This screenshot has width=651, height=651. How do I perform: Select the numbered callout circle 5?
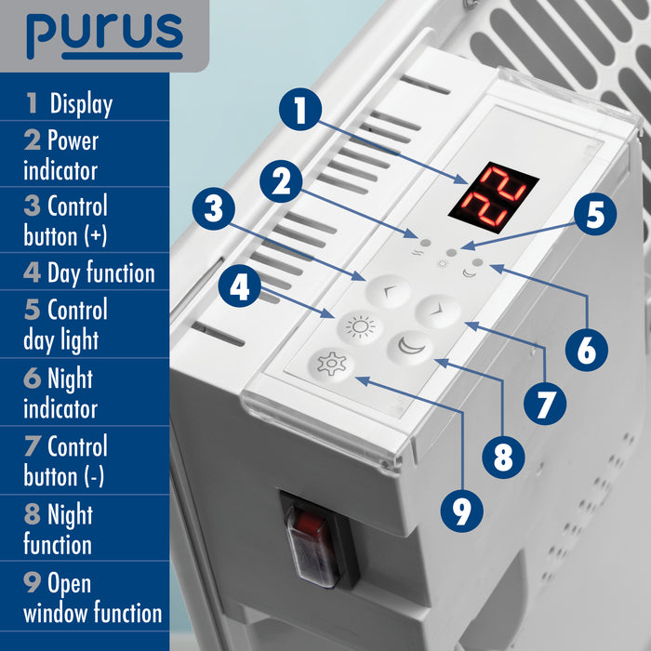click(594, 215)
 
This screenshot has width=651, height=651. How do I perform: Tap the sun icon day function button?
click(358, 326)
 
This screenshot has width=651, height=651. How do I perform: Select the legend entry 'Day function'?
click(89, 273)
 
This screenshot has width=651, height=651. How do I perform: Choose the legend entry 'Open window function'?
click(92, 598)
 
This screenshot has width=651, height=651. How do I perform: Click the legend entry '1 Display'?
click(70, 104)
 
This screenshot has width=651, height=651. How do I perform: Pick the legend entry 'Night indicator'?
click(60, 393)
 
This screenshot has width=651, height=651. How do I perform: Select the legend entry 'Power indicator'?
click(60, 155)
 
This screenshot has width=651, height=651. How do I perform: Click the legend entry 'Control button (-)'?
click(65, 461)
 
